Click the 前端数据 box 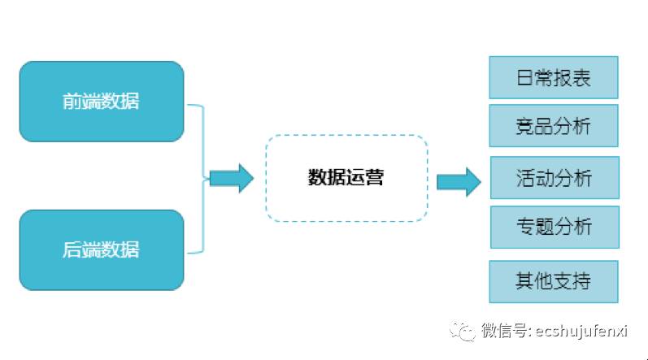tap(102, 102)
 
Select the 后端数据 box tap(102, 249)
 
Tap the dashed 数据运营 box tap(346, 178)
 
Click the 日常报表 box tap(554, 78)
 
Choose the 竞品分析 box tap(554, 126)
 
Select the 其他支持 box tap(554, 281)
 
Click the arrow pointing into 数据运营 tap(231, 178)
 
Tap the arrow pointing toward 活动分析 tap(458, 180)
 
